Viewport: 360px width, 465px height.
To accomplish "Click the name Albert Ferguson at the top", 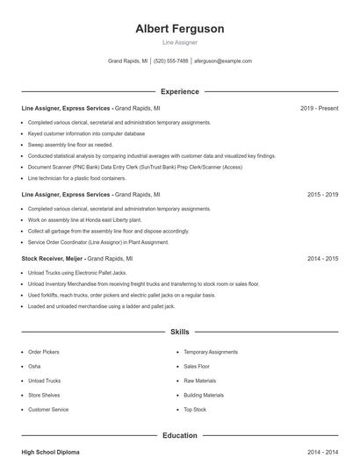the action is coord(180,29).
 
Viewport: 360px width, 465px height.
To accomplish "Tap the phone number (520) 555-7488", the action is coord(171,61).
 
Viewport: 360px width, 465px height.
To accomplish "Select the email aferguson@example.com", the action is coord(223,61).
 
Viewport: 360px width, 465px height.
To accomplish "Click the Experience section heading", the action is coord(180,91).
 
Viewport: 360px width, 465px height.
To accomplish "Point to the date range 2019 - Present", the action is coord(319,108).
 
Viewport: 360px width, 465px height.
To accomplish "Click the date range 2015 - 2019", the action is coord(322,194).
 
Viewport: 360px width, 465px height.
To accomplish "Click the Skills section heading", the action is coord(180,333).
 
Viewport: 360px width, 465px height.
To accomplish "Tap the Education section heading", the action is coord(180,435).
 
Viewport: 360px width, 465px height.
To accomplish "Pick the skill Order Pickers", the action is coord(44,351).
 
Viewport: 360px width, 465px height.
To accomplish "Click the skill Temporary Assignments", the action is coord(210,351).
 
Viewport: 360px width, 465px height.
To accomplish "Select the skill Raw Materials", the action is coord(199,381).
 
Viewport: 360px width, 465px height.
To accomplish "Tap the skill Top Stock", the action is coord(195,410).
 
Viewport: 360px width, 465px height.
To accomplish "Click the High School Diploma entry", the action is coord(50,452).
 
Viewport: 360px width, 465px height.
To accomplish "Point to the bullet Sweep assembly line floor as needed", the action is coord(70,145).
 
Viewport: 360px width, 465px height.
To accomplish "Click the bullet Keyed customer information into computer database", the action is coord(86,133).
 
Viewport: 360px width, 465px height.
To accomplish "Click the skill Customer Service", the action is coord(48,410).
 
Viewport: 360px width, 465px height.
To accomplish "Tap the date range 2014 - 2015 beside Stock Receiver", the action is coord(322,259).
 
